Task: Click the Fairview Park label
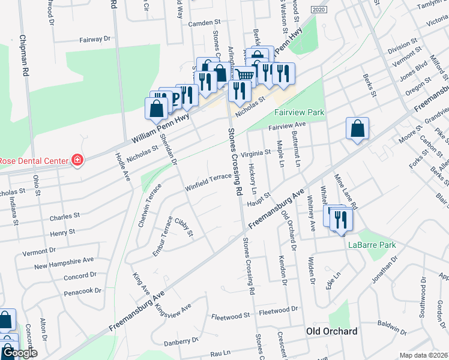click(x=299, y=112)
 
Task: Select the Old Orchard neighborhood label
click(x=331, y=331)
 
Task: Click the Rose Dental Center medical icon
click(x=77, y=160)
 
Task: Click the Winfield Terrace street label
click(x=208, y=178)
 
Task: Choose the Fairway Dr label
click(x=95, y=39)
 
